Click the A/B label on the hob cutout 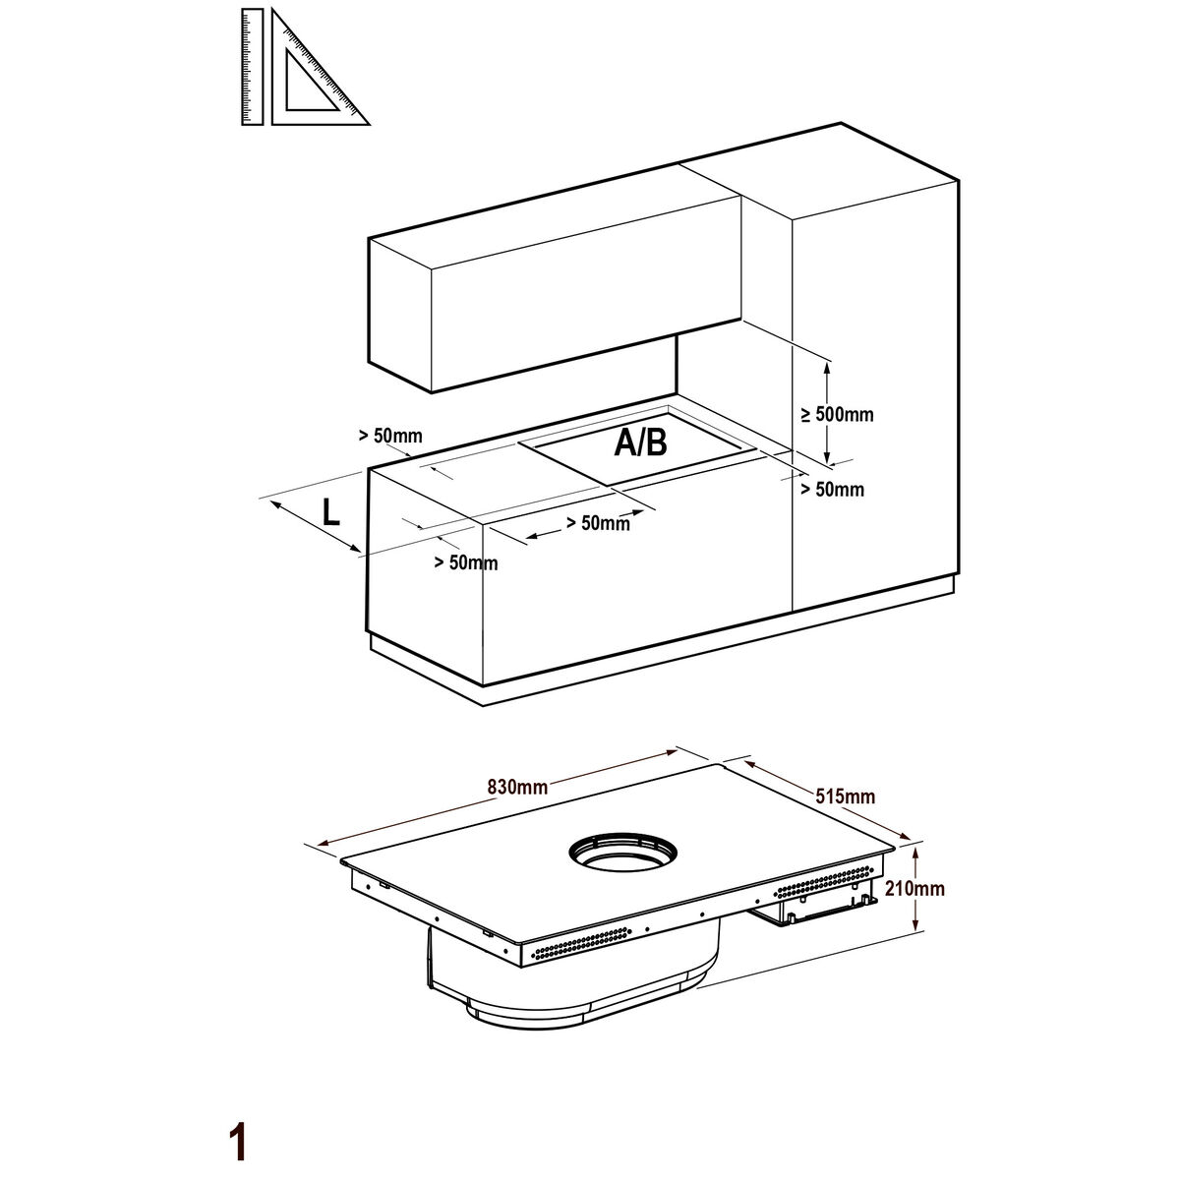click(x=640, y=442)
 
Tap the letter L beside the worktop click(x=331, y=512)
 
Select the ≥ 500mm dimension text click(x=837, y=415)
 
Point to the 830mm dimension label click(x=517, y=787)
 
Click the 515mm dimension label click(x=845, y=796)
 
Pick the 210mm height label click(x=914, y=888)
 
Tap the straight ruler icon click(x=253, y=67)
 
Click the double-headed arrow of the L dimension click(x=316, y=526)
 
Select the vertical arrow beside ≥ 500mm click(x=827, y=413)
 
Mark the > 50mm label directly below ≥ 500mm click(x=833, y=490)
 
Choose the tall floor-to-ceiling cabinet click(x=876, y=381)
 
